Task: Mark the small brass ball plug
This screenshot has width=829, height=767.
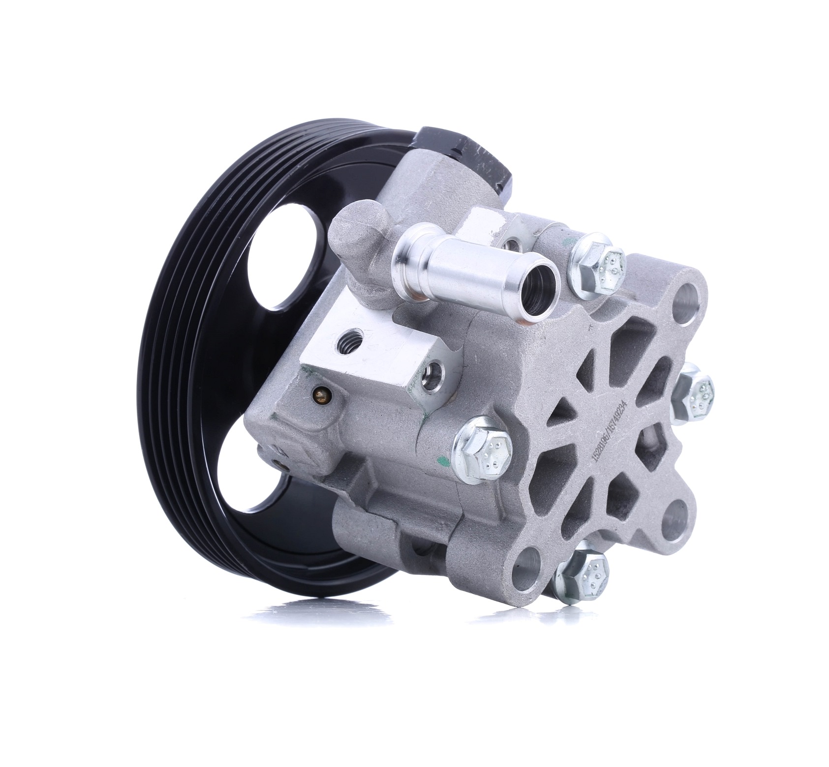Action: click(322, 393)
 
